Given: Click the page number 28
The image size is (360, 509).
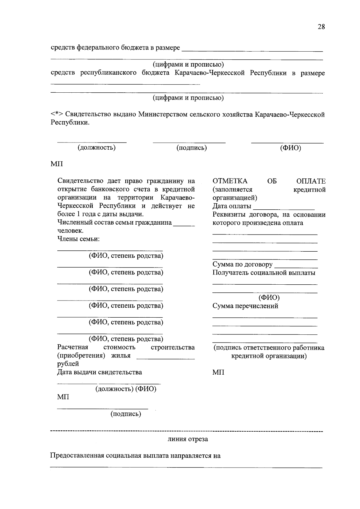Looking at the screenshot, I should point(321,27).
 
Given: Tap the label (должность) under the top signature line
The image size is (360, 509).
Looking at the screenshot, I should point(97,148).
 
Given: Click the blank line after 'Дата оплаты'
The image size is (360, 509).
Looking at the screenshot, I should point(284,208).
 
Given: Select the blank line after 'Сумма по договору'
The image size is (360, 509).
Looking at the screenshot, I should point(296,266).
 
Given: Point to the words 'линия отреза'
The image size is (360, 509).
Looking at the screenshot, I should point(188,439).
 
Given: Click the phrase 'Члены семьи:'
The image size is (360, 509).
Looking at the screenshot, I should point(78,239).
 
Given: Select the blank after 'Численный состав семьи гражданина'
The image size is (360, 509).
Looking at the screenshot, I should point(184,225).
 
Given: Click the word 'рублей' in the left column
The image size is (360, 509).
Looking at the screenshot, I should point(68,364).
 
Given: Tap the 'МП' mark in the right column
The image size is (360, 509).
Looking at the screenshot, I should point(218,373).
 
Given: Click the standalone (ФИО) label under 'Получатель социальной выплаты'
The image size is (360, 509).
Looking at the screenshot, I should point(269,298).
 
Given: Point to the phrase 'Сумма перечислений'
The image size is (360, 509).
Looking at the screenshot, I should point(245,306).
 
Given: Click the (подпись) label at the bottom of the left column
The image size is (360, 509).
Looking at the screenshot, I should point(126,414).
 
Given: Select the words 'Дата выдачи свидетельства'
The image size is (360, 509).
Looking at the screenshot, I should point(100,372).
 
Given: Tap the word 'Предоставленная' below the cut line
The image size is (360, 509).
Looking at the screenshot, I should point(77,456).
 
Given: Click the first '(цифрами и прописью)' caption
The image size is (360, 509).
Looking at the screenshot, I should point(188,64).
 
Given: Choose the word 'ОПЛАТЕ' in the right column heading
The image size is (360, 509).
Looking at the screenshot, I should point(311,181).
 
